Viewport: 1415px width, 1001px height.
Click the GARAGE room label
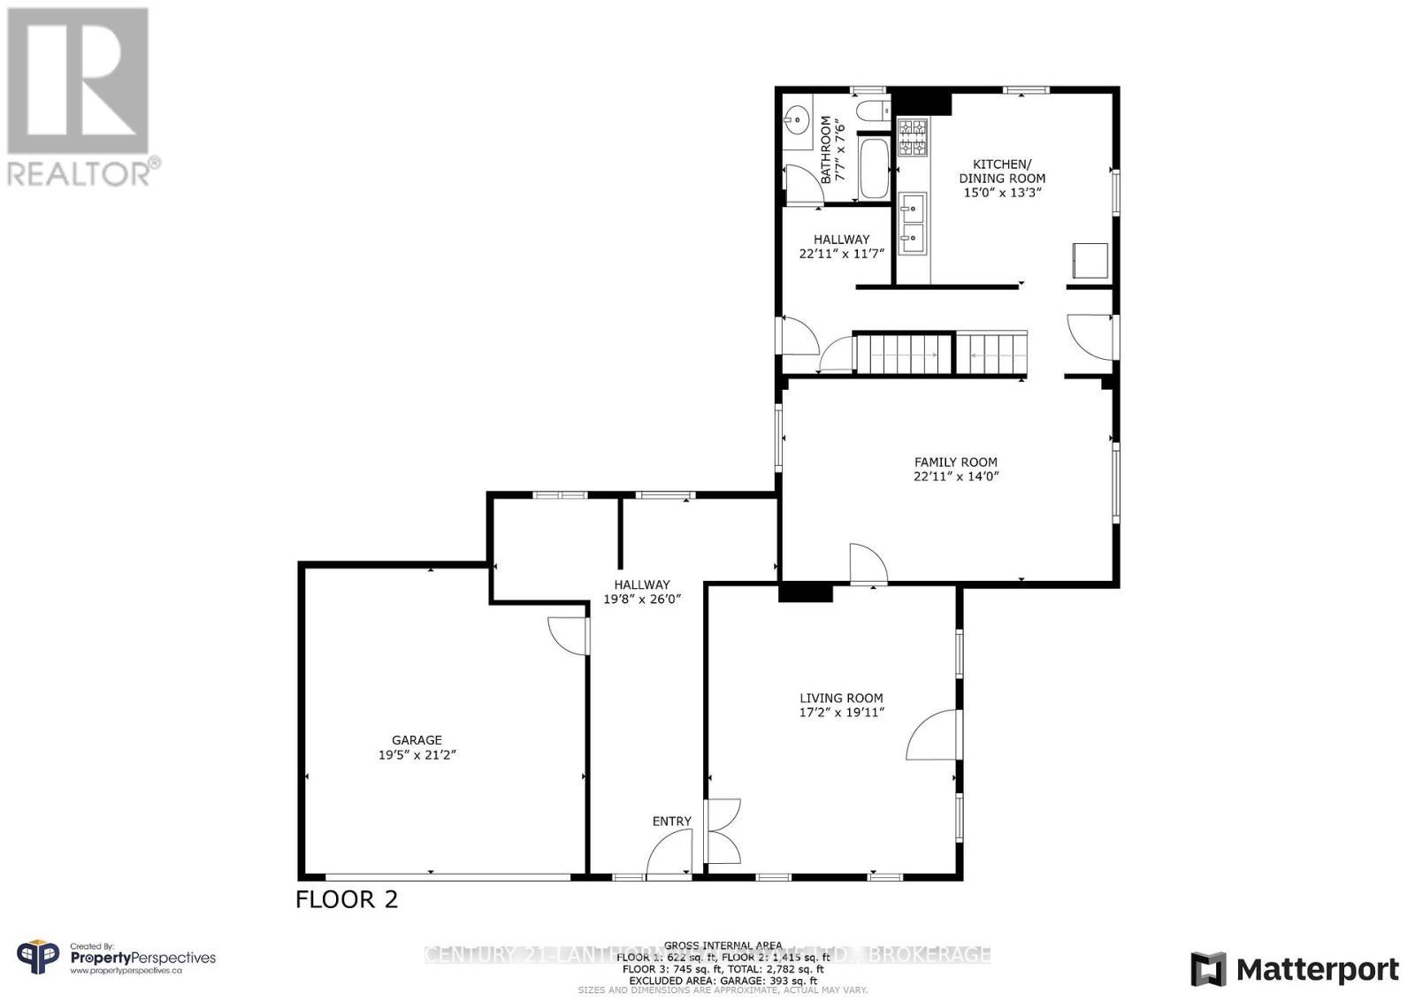[x=417, y=740]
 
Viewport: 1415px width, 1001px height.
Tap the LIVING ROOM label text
[x=841, y=698]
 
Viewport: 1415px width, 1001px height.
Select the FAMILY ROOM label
[x=955, y=462]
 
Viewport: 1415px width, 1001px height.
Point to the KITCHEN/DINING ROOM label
[x=1001, y=172]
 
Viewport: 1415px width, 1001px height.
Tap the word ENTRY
[x=671, y=821]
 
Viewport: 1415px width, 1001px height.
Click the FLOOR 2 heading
[x=347, y=899]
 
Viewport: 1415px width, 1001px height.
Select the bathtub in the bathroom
[x=874, y=168]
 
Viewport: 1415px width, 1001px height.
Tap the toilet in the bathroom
[x=871, y=112]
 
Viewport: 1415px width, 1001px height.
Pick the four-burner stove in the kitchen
[x=913, y=138]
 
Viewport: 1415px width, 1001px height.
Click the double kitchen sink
[x=912, y=223]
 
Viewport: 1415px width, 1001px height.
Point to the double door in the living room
[x=723, y=831]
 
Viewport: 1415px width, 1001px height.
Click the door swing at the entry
[x=669, y=856]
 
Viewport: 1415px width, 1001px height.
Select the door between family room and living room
[x=867, y=564]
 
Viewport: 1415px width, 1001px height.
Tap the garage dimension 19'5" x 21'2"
[x=417, y=755]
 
